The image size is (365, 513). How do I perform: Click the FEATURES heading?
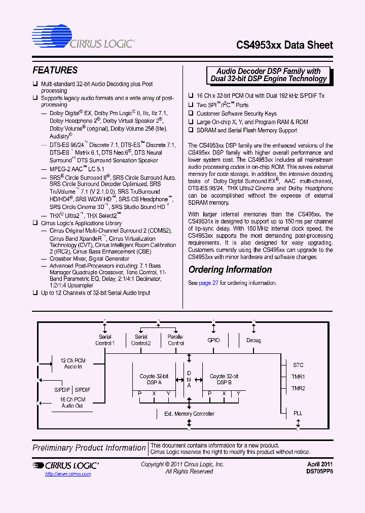pos(55,70)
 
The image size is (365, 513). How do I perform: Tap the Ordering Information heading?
pos(230,270)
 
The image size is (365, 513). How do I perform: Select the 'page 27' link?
pos(208,283)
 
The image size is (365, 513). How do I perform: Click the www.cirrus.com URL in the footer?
pos(68,474)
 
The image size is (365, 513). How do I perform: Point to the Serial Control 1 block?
pos(105,340)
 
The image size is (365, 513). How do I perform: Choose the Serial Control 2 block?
pos(141,340)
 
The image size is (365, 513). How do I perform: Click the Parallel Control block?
pos(175,340)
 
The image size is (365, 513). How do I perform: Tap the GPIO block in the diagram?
pos(213,340)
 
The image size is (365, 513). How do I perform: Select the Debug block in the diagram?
pos(253,340)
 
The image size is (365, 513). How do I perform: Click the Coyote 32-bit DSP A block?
pos(154,379)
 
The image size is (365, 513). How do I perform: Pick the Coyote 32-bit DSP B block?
pos(224,379)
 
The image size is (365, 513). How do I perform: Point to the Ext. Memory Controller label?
pos(189,414)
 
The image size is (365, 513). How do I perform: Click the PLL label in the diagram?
pos(298,413)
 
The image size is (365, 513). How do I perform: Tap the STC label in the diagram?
pos(298,365)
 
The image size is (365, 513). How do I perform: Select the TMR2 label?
pos(298,388)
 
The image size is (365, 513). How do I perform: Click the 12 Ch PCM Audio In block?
pos(73,363)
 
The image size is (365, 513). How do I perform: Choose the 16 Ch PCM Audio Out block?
pos(72,402)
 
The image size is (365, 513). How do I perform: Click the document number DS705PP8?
pos(319,471)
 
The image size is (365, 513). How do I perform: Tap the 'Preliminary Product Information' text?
pos(89,448)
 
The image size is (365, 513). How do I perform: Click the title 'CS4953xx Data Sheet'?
pos(284,45)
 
